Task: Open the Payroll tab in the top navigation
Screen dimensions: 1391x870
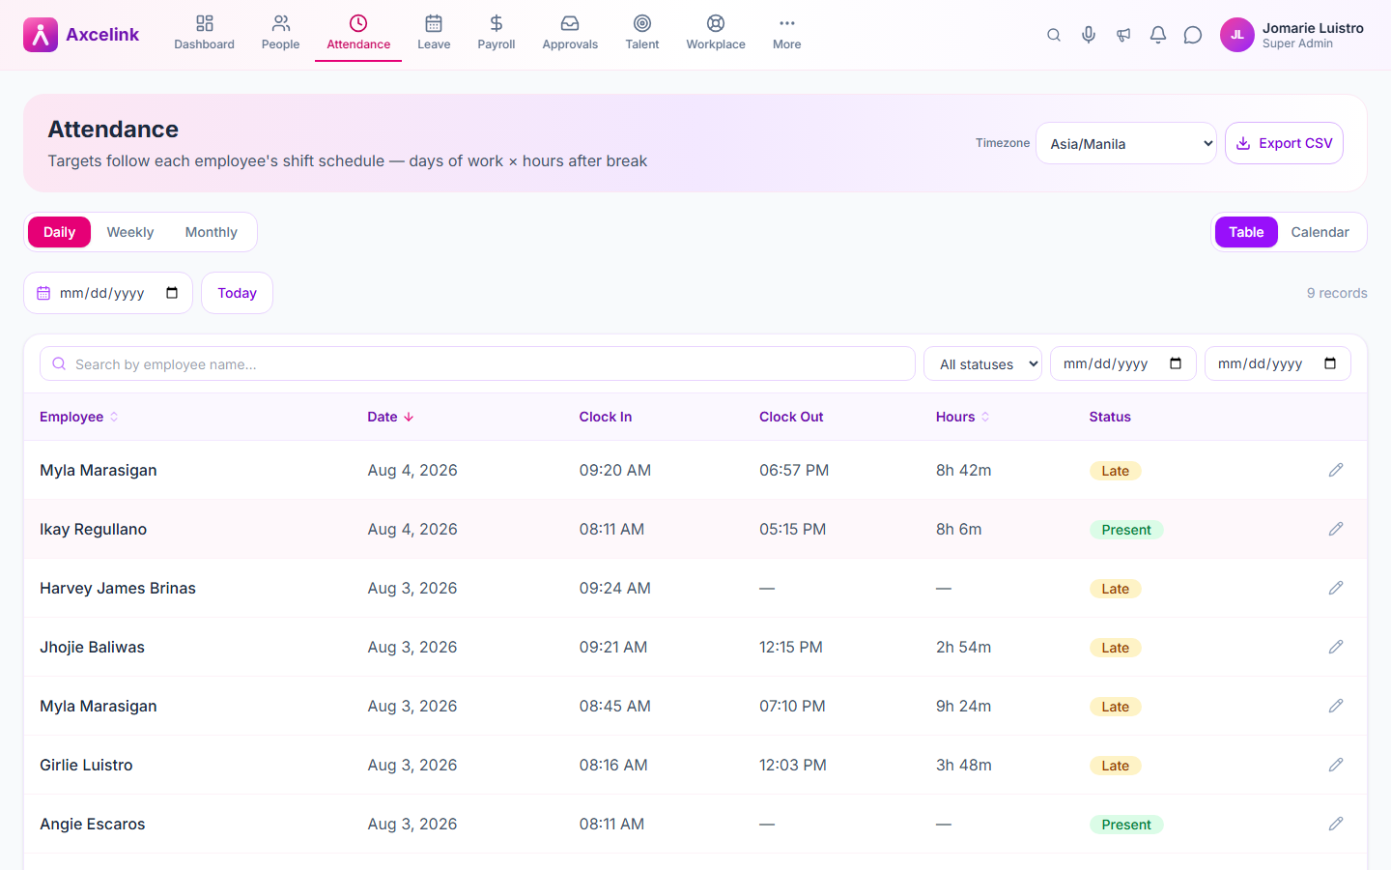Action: pos(496,33)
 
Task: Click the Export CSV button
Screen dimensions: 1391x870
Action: pos(1284,143)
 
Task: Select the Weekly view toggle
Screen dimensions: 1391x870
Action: pos(129,232)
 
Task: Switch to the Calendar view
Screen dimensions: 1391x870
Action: pos(1320,232)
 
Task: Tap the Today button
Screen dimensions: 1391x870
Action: pos(237,293)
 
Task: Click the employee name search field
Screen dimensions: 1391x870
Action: pos(477,363)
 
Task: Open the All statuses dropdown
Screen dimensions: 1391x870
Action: pos(982,363)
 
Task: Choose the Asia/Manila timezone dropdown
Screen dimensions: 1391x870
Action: pos(1126,143)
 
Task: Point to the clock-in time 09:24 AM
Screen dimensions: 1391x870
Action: pos(614,588)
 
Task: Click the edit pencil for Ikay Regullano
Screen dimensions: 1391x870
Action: pos(1336,529)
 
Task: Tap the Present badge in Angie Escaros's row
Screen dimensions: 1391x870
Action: pos(1126,825)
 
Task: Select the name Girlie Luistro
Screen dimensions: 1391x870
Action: pos(86,765)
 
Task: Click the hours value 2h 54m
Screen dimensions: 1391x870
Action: pos(963,647)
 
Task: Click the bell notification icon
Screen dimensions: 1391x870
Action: pos(1157,35)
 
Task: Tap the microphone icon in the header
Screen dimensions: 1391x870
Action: pos(1088,35)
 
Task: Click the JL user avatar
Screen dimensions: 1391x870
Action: pos(1237,35)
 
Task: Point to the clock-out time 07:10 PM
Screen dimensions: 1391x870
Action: pos(792,706)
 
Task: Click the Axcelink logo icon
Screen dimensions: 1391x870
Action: pos(41,35)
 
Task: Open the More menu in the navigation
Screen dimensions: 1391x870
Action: pos(786,33)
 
